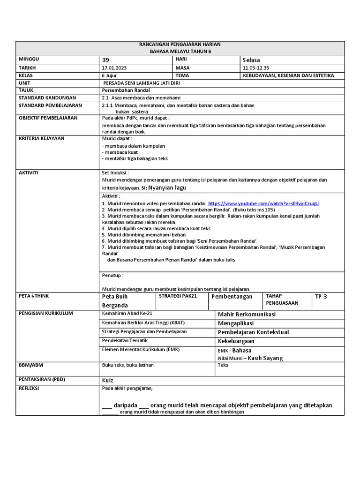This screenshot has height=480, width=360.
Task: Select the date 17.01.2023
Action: coord(114,68)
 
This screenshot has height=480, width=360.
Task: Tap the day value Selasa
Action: coord(251,60)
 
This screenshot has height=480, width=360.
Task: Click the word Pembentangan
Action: coord(232,297)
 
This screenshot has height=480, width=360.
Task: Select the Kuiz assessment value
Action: coord(107,380)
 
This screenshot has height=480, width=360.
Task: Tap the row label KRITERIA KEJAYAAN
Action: coord(41,139)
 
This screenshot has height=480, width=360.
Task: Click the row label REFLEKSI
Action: coord(29,389)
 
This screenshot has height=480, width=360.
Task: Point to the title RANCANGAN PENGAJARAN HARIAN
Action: coord(180,44)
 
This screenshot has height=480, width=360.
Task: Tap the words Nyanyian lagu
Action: coord(167,187)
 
